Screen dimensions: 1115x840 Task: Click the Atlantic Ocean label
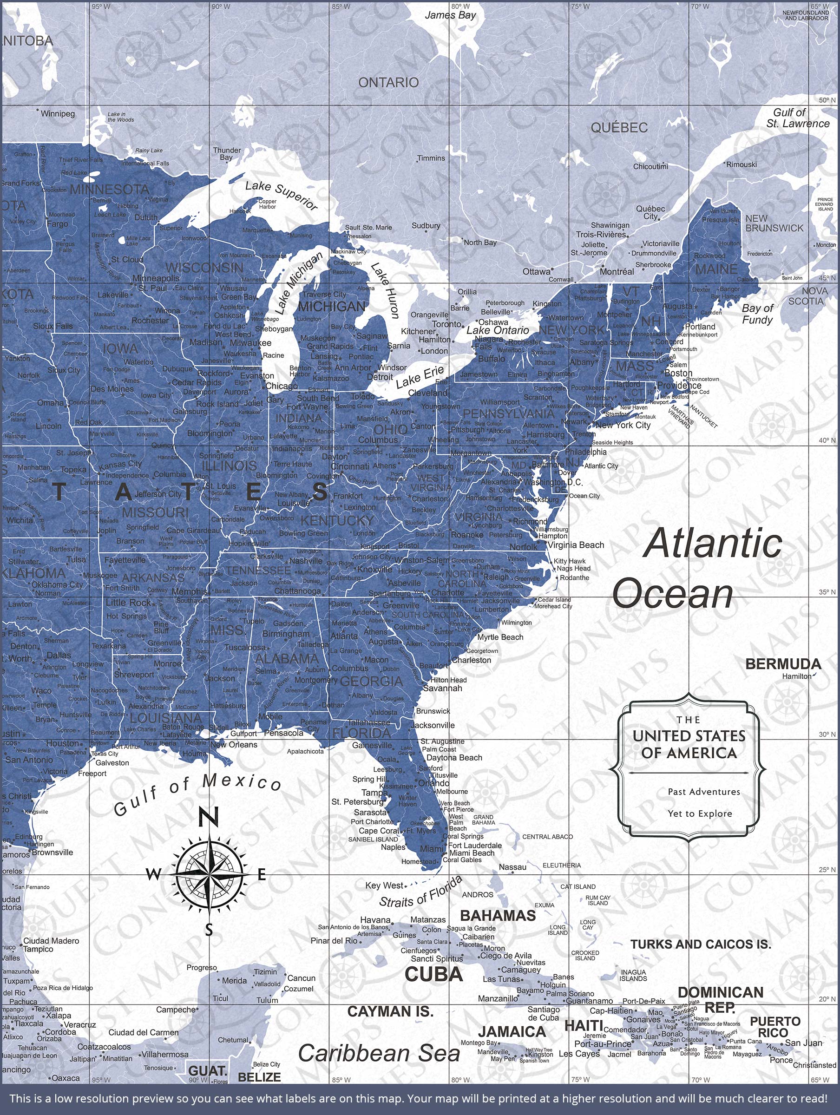click(x=696, y=569)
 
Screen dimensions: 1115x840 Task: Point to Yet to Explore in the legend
click(x=699, y=813)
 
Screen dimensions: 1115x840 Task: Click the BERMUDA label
click(x=783, y=664)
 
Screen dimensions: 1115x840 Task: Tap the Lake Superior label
click(x=282, y=195)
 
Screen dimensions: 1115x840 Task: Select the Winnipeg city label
click(x=58, y=114)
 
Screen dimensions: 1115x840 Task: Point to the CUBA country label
click(x=433, y=974)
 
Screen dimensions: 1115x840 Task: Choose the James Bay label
click(x=450, y=15)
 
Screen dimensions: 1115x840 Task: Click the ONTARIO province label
click(x=388, y=82)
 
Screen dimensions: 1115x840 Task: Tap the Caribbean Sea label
click(x=379, y=1053)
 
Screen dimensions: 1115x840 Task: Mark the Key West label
click(x=384, y=885)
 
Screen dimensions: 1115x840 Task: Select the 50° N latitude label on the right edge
click(x=827, y=100)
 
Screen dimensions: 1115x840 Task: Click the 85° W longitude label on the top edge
click(x=341, y=7)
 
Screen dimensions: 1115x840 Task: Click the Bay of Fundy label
click(x=757, y=314)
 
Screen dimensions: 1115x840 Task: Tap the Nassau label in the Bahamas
click(x=512, y=867)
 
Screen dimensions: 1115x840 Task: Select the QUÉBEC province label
click(x=619, y=128)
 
